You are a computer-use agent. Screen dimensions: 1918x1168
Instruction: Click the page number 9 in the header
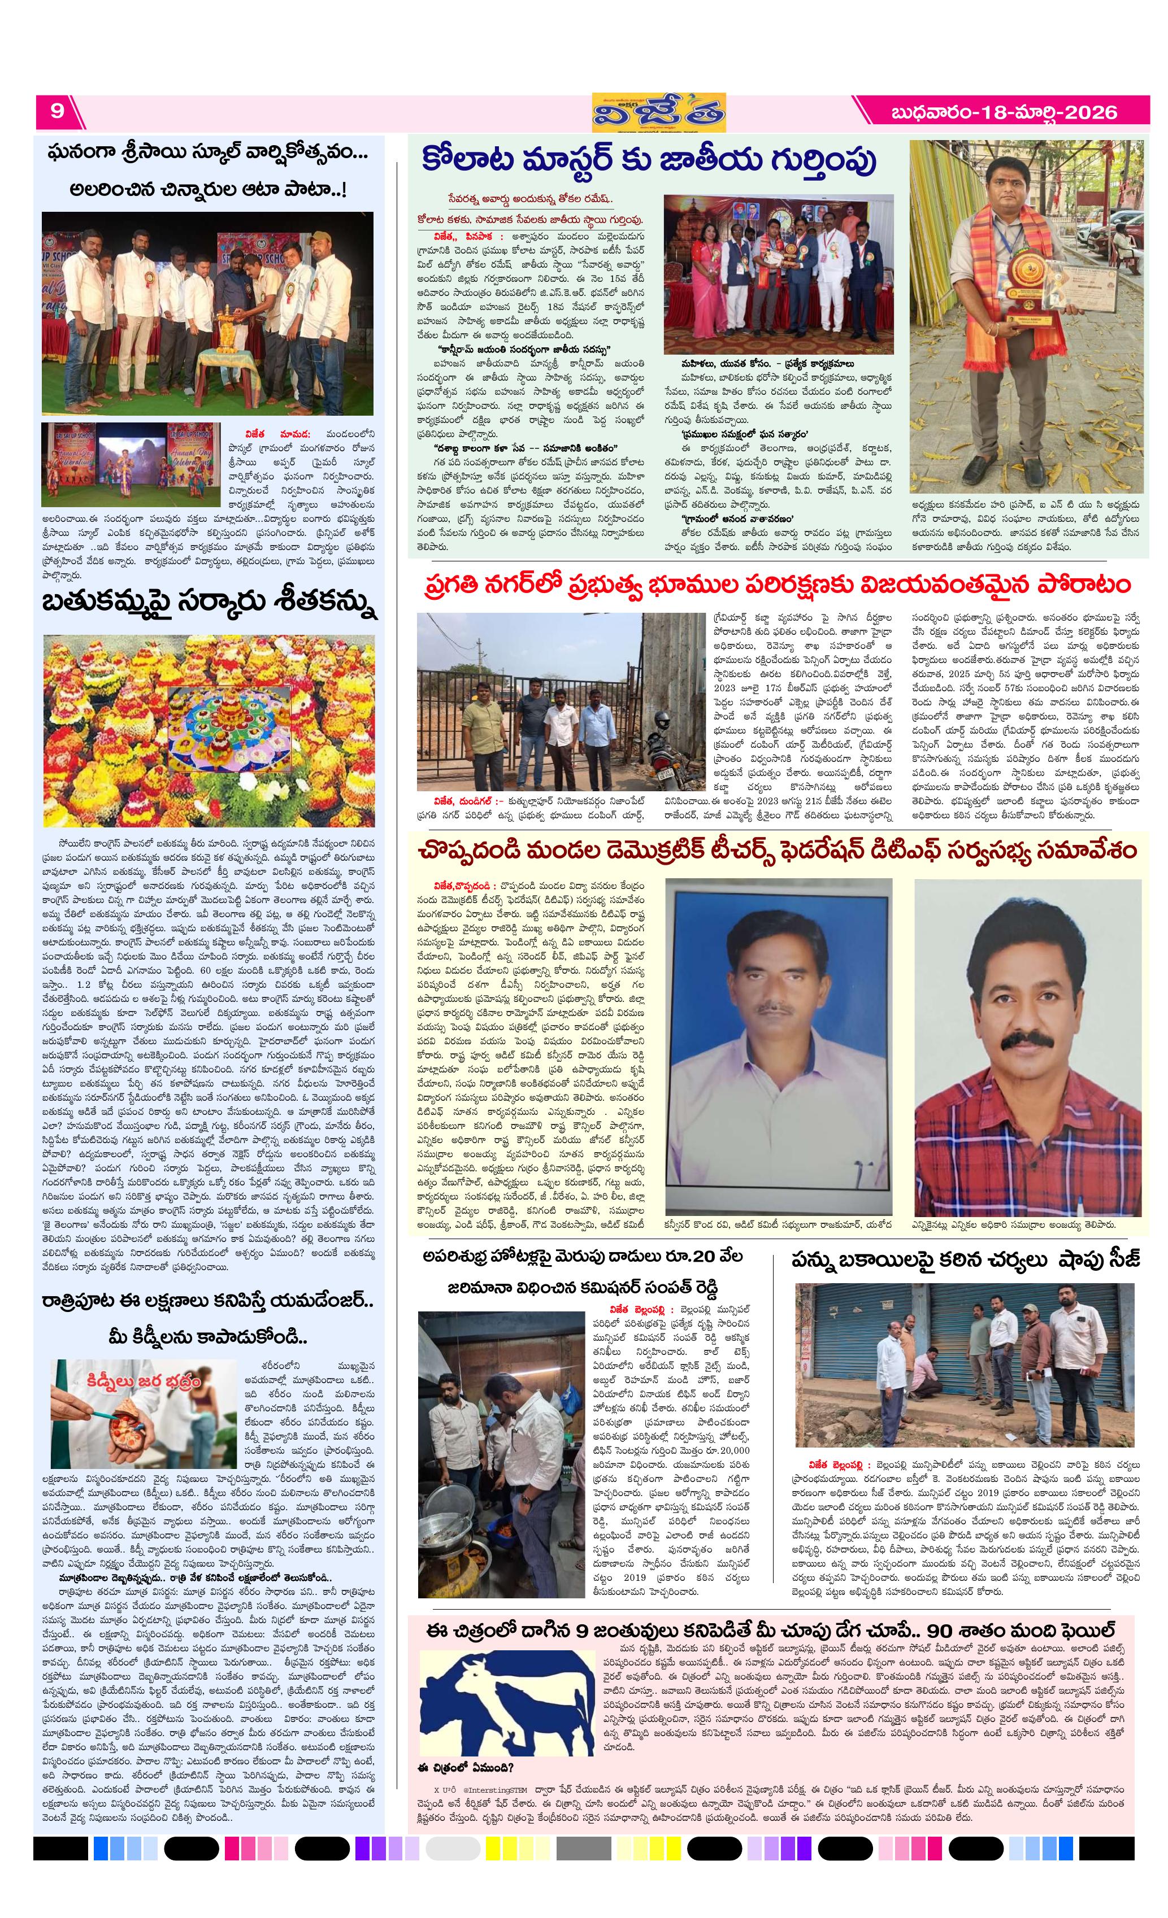coord(57,111)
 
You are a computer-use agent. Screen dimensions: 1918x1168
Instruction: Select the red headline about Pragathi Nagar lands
coord(777,585)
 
